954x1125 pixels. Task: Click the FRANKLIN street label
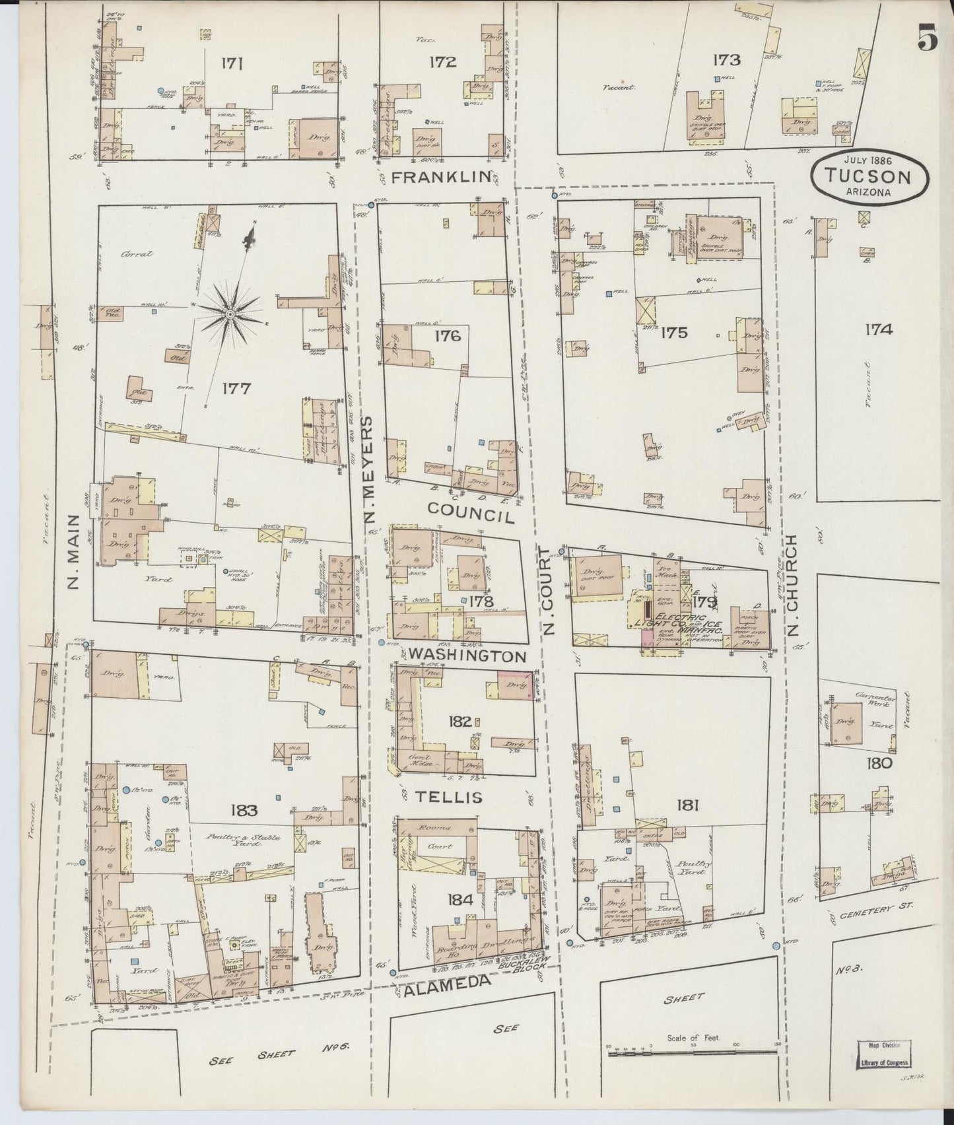pos(442,177)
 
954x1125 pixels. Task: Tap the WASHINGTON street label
pos(467,656)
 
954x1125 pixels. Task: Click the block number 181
pos(687,805)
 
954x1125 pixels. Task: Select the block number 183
pos(244,810)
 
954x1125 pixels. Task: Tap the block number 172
pos(442,63)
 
